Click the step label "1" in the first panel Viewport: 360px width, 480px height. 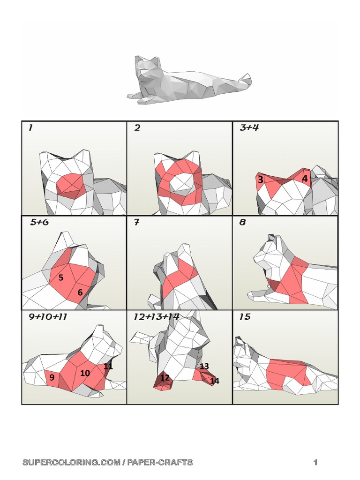click(x=30, y=128)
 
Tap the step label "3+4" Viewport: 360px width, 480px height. click(x=249, y=128)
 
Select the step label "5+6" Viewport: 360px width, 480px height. click(x=39, y=223)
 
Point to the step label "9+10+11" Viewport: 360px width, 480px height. click(x=48, y=317)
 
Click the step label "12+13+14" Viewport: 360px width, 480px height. click(x=157, y=317)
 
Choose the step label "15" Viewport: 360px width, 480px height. click(x=245, y=317)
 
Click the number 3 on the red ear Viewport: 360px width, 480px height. click(x=260, y=180)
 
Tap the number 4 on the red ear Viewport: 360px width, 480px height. click(x=305, y=179)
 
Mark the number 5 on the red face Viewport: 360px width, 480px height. click(x=61, y=278)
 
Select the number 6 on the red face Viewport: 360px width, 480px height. click(x=80, y=292)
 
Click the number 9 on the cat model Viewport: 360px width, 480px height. click(x=52, y=377)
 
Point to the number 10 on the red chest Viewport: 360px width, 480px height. click(x=85, y=373)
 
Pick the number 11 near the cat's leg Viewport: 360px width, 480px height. click(x=108, y=366)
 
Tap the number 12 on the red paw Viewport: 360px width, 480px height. click(x=165, y=378)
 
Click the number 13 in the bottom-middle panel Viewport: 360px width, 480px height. click(x=204, y=366)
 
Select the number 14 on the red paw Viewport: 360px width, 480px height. click(x=214, y=381)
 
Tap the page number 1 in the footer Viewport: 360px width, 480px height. click(x=315, y=463)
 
